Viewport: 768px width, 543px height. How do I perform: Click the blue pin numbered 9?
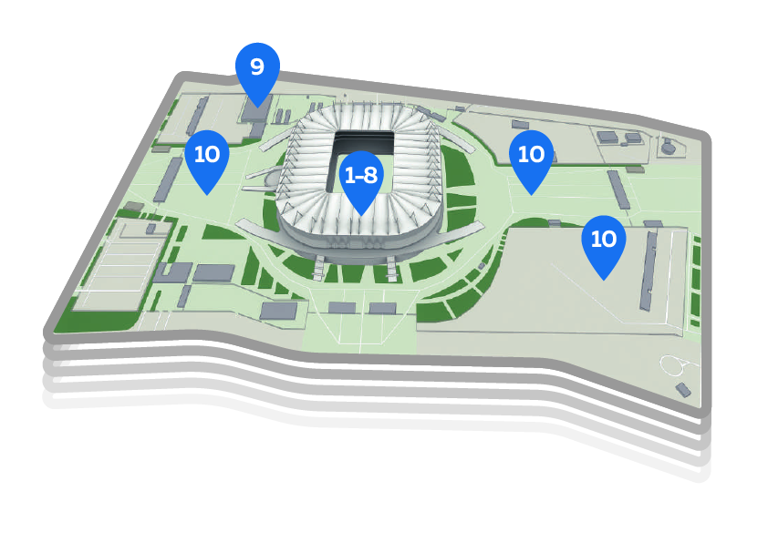[257, 69]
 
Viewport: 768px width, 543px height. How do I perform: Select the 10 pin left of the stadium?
[207, 156]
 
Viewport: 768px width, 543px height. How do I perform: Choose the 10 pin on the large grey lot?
[604, 241]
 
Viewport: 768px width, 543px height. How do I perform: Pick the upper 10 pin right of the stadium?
[531, 156]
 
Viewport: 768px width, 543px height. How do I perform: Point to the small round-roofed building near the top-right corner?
[669, 145]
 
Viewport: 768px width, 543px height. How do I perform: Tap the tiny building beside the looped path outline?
[682, 389]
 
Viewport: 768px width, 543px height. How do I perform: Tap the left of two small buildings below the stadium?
[342, 308]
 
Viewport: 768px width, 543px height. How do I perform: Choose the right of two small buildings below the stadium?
[382, 308]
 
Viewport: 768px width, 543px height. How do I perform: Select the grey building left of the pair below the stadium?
[278, 312]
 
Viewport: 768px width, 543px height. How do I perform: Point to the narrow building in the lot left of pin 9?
[195, 116]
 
